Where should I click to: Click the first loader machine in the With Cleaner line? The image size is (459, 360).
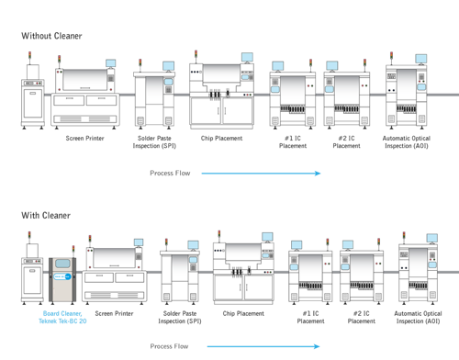pos(30,274)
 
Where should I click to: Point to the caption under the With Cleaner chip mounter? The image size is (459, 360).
pos(243,314)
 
